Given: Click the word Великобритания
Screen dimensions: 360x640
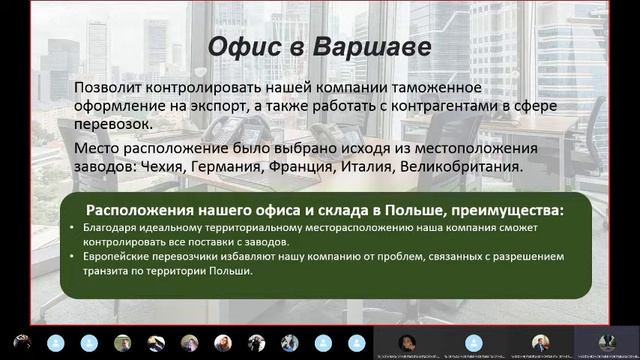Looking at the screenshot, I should (510, 167).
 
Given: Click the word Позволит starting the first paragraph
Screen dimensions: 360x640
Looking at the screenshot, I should (109, 88).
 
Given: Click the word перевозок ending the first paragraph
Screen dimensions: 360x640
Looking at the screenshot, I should (115, 124).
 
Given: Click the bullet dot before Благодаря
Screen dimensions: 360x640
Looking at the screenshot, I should (88, 229).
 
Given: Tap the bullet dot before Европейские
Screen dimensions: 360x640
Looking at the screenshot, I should (88, 257).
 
